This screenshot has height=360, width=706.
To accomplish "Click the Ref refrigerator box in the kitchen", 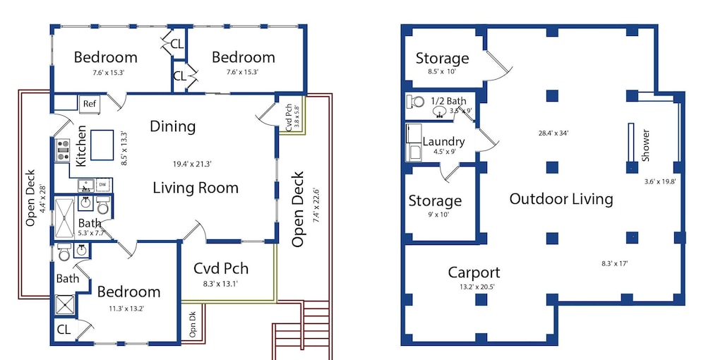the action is (x=90, y=104).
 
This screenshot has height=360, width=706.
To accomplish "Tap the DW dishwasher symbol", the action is (x=102, y=184).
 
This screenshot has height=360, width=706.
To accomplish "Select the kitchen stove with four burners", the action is (x=63, y=150).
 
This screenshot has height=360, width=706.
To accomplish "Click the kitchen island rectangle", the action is (x=102, y=145).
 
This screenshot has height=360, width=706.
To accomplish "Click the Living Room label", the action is (x=196, y=188).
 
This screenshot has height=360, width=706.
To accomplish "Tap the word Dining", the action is (x=173, y=126).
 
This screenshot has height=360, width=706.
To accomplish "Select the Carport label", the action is (x=474, y=272).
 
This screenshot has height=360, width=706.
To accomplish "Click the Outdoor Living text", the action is (x=561, y=199).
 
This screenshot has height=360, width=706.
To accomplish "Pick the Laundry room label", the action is (x=443, y=141).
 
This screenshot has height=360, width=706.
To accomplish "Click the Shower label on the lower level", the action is (x=646, y=145).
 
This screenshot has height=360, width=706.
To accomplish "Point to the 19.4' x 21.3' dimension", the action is (x=192, y=164).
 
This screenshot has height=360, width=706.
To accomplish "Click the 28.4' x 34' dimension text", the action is (x=554, y=133).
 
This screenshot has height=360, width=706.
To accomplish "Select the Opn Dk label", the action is (x=193, y=324).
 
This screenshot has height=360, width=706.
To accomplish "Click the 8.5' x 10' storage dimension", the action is (x=442, y=71).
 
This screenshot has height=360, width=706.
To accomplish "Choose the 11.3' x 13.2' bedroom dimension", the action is (x=126, y=308).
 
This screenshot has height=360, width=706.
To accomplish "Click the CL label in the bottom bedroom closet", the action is (x=64, y=330).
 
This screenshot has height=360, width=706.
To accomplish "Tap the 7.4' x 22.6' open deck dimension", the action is (x=316, y=205).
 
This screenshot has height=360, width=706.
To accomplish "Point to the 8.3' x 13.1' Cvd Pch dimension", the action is (x=220, y=284).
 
